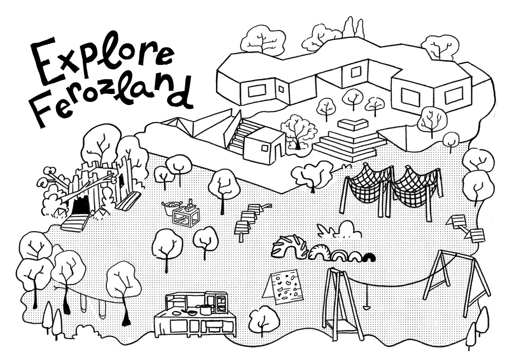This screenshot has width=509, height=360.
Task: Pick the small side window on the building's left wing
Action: [x=281, y=89]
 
